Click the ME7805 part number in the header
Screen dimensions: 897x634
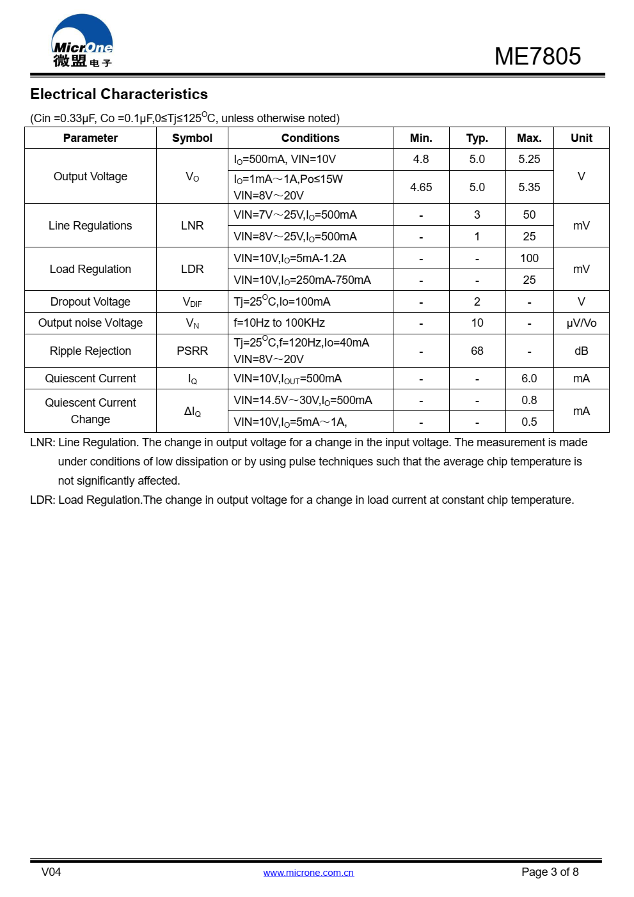click(x=537, y=56)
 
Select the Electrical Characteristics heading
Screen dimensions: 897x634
click(x=119, y=94)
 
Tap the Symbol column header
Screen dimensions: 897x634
click(x=192, y=138)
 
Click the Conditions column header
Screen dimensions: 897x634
click(x=310, y=138)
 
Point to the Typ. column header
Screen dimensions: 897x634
click(x=477, y=138)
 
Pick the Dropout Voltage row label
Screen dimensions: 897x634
click(x=90, y=302)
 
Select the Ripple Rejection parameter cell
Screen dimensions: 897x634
click(x=90, y=351)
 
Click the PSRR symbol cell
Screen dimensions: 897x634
click(x=192, y=351)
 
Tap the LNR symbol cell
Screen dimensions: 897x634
click(x=192, y=226)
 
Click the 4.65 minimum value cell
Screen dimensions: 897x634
click(x=421, y=187)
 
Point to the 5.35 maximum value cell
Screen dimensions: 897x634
click(x=529, y=187)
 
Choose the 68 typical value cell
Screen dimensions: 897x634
click(x=477, y=351)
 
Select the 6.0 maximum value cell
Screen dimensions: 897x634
click(x=529, y=378)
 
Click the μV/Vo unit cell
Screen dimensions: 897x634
click(x=581, y=323)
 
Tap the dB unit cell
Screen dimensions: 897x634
click(x=581, y=351)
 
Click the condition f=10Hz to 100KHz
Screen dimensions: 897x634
click(x=279, y=323)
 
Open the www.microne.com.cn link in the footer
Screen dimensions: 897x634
click(x=308, y=873)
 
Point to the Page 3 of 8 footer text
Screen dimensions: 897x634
click(x=550, y=872)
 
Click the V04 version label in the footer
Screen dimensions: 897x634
click(x=51, y=872)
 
